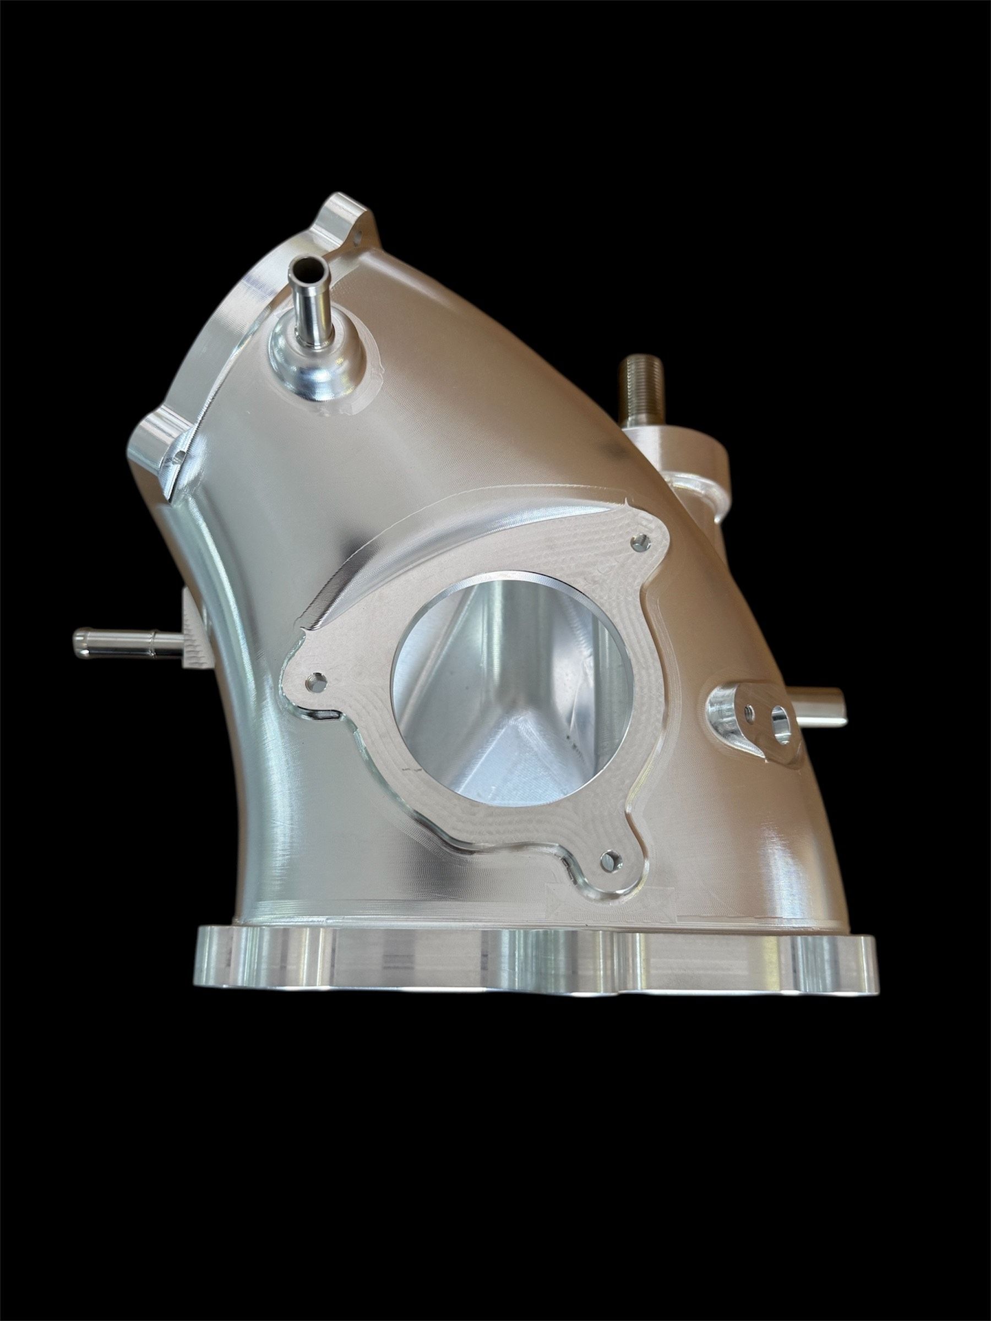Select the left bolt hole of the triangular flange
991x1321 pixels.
(316, 680)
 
